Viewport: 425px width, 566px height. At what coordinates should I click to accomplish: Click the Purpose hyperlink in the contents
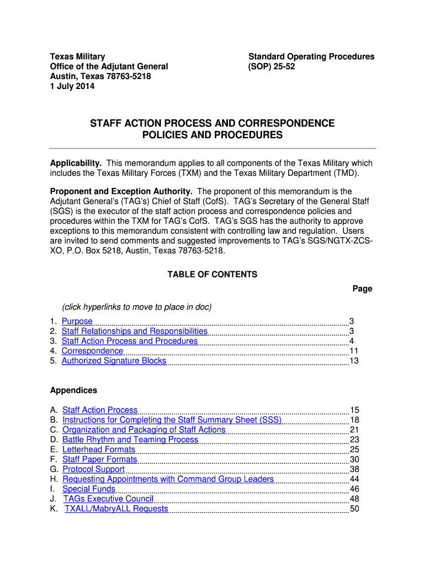(x=77, y=321)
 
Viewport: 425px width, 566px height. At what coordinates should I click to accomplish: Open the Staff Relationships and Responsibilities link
(x=135, y=331)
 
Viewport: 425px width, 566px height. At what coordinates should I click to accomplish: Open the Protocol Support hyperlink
(x=93, y=469)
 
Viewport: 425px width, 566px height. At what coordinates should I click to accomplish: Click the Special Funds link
(x=89, y=489)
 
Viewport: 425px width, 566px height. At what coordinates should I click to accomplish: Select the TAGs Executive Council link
(x=108, y=499)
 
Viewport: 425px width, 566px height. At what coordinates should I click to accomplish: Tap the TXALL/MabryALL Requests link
(x=116, y=509)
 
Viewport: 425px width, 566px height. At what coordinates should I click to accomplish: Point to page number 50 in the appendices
(x=354, y=509)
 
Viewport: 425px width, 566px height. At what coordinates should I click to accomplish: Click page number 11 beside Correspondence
(x=354, y=351)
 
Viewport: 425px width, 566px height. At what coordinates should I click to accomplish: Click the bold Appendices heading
(x=73, y=390)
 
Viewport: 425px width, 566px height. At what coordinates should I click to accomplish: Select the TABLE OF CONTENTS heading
(x=212, y=274)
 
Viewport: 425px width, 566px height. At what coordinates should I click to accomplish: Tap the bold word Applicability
(x=76, y=163)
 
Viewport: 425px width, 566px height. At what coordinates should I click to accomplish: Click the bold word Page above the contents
(x=362, y=289)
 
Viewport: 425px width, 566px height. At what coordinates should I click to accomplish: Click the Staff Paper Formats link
(x=99, y=459)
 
